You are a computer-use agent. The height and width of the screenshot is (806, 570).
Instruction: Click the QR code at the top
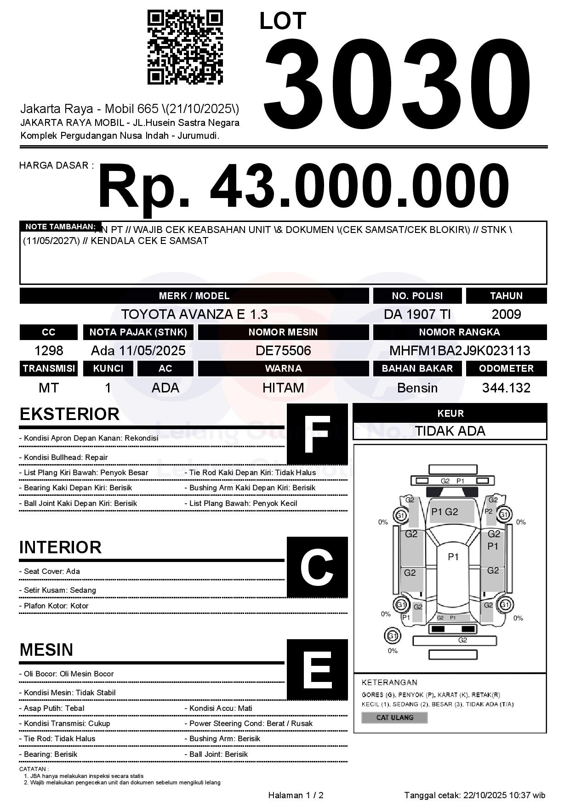185,47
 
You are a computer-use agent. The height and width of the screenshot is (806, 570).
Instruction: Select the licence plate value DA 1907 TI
417,314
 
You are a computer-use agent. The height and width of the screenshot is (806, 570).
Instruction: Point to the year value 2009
506,314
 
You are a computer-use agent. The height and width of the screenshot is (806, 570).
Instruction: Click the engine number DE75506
283,351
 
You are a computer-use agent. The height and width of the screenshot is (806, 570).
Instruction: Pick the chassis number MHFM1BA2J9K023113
460,351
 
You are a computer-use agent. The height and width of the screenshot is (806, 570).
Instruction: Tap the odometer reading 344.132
506,388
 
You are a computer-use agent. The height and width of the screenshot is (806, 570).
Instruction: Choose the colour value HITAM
283,388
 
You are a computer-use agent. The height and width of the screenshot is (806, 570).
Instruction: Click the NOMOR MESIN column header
283,332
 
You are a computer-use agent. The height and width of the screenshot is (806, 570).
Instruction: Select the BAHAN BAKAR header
417,369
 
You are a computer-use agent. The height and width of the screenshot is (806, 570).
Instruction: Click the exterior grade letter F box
317,434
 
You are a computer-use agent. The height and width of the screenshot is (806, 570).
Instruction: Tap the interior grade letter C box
317,567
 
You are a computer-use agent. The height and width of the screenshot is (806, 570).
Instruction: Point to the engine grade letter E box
317,670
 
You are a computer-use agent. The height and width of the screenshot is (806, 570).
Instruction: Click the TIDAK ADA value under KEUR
450,431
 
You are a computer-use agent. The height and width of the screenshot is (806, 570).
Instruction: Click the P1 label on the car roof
453,557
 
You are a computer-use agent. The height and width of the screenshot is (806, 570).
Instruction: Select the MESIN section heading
46,650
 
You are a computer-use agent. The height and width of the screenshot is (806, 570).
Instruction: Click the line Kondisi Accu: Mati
221,708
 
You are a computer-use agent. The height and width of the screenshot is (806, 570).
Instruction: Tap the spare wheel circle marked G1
392,636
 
